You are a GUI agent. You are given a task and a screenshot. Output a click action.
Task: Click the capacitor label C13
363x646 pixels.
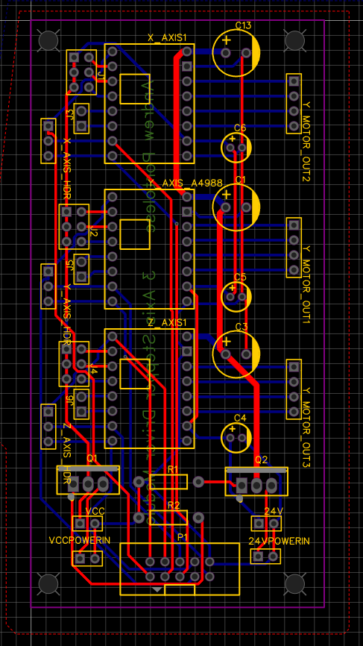[244, 25]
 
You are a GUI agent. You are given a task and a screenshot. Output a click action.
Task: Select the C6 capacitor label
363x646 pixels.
[240, 128]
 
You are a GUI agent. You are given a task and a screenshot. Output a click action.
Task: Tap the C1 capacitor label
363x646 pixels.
[240, 180]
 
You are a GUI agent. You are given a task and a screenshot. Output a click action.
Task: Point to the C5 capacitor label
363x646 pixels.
[240, 277]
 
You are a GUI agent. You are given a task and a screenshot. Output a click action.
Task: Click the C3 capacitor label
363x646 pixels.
[240, 327]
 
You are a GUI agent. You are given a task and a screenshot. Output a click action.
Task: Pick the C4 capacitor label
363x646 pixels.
[240, 418]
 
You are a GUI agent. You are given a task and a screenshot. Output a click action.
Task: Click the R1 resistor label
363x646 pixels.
[173, 468]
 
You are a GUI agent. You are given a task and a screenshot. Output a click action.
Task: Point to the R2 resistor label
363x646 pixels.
[173, 505]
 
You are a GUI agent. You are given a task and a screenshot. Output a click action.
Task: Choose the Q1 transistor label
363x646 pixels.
[92, 458]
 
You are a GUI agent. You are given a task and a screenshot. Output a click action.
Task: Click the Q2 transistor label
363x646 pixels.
[261, 460]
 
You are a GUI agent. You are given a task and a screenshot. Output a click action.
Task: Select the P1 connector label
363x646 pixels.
[182, 536]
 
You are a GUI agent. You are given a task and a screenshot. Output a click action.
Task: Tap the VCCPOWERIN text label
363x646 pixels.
[80, 540]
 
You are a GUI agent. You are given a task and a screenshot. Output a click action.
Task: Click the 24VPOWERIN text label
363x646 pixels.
[279, 541]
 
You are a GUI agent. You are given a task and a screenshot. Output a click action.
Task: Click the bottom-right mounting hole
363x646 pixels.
[295, 583]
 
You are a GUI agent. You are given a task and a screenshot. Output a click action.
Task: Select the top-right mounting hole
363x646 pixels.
[295, 40]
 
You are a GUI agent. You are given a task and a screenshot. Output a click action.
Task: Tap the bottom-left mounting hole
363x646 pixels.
[48, 583]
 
